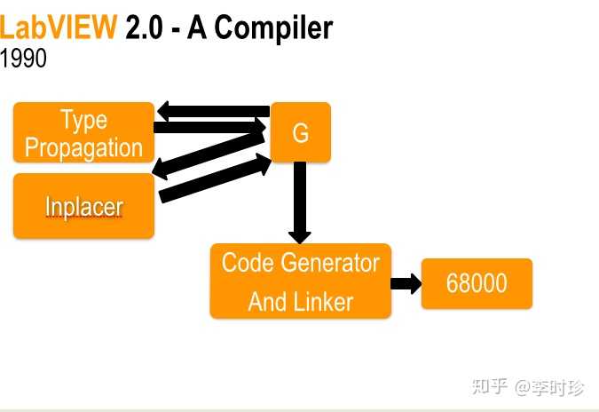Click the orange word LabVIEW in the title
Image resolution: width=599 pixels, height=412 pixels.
[x=58, y=27]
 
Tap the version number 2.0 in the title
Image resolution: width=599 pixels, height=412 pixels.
[x=144, y=28]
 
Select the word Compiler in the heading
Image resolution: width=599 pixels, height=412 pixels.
[x=273, y=28]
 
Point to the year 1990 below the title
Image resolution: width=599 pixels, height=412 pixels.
[x=23, y=58]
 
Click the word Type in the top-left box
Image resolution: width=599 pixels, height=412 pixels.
[x=84, y=121]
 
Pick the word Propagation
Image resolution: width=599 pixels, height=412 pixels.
[x=83, y=148]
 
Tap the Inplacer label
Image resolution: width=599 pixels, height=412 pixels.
[x=84, y=207]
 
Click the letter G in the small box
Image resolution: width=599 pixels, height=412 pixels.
[x=301, y=133]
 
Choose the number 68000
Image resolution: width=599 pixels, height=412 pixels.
[x=477, y=283]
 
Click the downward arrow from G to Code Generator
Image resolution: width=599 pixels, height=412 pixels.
[x=300, y=202]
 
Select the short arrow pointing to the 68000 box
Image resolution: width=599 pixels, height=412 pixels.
[x=406, y=283]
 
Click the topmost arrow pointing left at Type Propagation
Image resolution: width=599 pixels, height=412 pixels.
[x=214, y=111]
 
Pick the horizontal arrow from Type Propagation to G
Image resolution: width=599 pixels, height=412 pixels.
[x=209, y=127]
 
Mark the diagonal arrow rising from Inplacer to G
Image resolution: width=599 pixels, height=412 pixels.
[x=215, y=178]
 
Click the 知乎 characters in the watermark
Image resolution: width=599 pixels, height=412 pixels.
[x=489, y=386]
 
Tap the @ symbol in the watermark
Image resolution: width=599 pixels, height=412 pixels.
[x=522, y=387]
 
